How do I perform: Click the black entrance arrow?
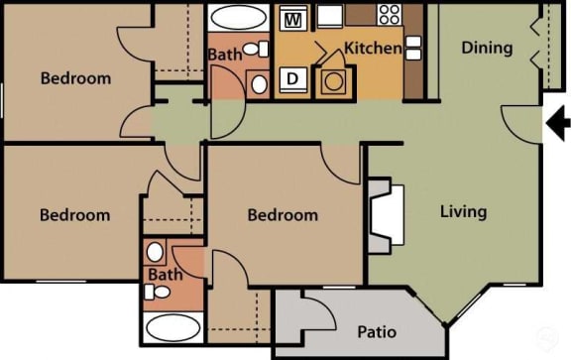click(x=558, y=123)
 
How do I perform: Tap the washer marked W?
click(x=291, y=18)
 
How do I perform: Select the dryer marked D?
click(x=292, y=80)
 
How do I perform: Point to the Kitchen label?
click(x=373, y=48)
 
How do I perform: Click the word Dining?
click(x=487, y=47)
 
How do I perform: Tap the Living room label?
click(x=463, y=211)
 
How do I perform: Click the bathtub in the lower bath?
click(x=172, y=328)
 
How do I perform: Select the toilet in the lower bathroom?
click(x=154, y=292)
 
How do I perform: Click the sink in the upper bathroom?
click(x=259, y=83)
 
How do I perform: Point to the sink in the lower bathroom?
click(x=155, y=252)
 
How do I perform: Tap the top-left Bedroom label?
click(x=75, y=77)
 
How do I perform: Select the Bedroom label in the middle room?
click(x=283, y=215)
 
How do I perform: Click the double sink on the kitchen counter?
click(x=413, y=48)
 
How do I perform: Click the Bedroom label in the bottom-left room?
click(x=74, y=215)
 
